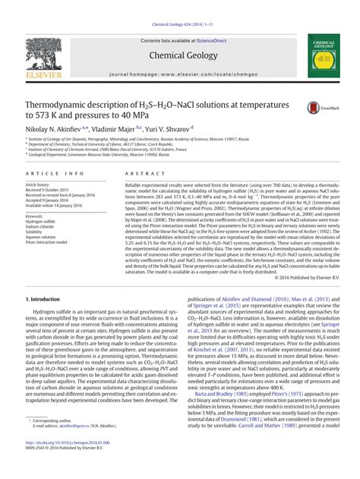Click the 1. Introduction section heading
(46, 299)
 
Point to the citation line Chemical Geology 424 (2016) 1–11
(179, 6)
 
